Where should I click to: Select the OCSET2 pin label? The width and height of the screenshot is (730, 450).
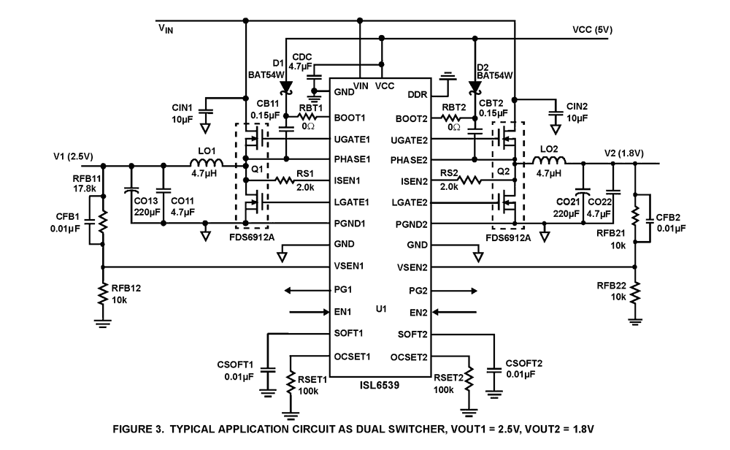click(x=409, y=357)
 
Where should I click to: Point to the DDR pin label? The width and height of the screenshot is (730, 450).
click(x=417, y=95)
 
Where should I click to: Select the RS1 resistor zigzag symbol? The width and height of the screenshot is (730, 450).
click(x=285, y=180)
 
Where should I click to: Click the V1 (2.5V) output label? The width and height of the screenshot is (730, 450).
click(x=76, y=156)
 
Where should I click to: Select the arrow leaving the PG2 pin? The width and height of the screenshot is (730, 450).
click(x=453, y=291)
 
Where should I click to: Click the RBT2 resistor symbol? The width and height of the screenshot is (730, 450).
click(x=453, y=118)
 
